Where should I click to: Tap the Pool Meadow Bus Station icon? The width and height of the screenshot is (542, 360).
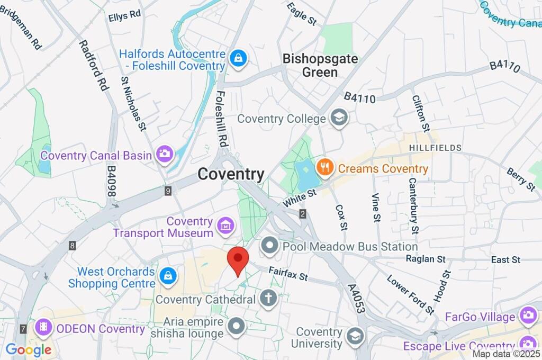[270, 246]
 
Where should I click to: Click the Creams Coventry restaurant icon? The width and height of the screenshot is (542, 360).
[324, 168]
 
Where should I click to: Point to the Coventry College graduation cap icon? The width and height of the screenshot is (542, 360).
[338, 118]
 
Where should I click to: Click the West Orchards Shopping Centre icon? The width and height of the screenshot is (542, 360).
[167, 275]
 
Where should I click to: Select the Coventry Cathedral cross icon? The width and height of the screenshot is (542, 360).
[268, 299]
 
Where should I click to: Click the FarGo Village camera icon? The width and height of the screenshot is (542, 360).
[528, 317]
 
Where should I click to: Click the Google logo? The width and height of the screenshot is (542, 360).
[28, 349]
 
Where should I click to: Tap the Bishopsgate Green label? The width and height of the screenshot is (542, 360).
[320, 65]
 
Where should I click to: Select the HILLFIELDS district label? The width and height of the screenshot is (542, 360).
[435, 148]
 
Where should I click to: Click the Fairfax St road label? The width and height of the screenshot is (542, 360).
[288, 273]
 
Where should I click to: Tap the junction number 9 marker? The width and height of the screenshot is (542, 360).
[168, 191]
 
